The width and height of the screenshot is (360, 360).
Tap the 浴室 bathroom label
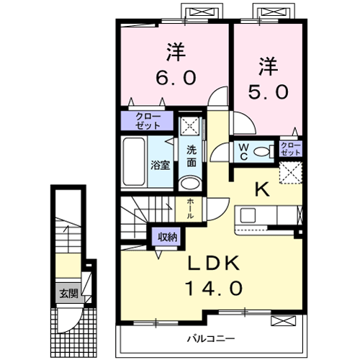tap(160, 164)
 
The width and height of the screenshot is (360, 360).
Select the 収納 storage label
tap(165, 236)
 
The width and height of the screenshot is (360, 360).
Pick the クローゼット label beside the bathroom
tap(148, 120)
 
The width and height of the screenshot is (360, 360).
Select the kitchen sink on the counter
tap(247, 215)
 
